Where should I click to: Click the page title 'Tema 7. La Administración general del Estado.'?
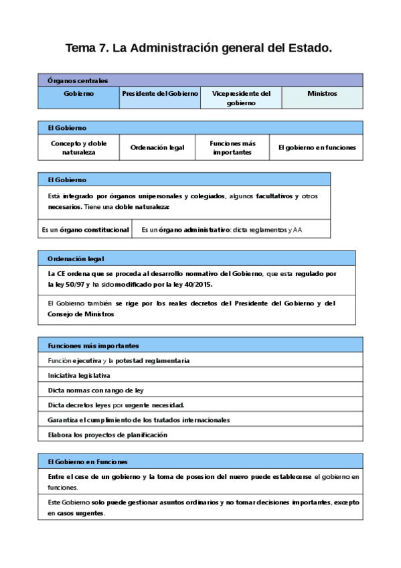199,48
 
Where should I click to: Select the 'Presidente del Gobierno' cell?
160,94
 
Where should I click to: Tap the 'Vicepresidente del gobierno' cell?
241,98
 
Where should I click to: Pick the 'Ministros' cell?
322,94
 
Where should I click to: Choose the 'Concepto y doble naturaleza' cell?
78,147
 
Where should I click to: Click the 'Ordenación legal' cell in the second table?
157,147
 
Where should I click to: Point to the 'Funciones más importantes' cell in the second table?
232,147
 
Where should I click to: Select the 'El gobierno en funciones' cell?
317,147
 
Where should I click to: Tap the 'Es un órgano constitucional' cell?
85,230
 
